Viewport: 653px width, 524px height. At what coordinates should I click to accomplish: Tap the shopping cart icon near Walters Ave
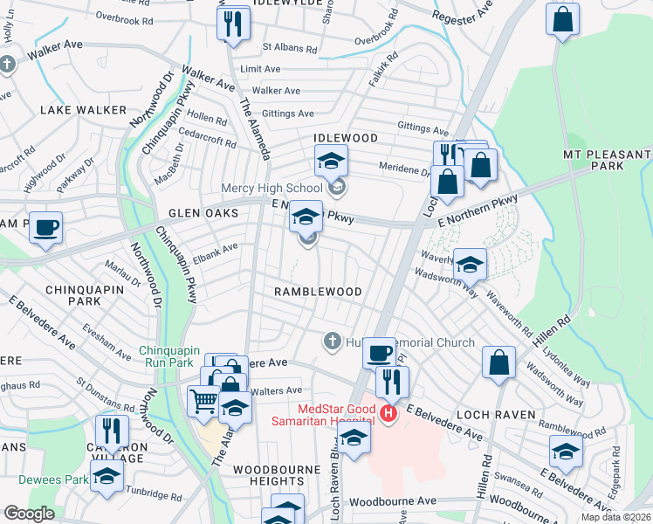(x=203, y=402)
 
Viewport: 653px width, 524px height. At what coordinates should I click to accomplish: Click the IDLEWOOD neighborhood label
(x=347, y=139)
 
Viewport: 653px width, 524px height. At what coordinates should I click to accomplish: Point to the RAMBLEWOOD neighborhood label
(x=317, y=291)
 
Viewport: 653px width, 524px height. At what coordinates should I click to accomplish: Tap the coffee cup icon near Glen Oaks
(x=45, y=228)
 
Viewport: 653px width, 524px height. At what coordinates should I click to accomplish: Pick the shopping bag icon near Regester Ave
(x=563, y=19)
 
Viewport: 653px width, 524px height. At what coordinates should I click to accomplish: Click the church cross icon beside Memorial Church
(x=332, y=341)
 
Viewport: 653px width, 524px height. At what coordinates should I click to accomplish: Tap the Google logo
(x=30, y=514)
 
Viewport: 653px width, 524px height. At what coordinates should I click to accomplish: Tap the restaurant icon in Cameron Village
(x=112, y=431)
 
